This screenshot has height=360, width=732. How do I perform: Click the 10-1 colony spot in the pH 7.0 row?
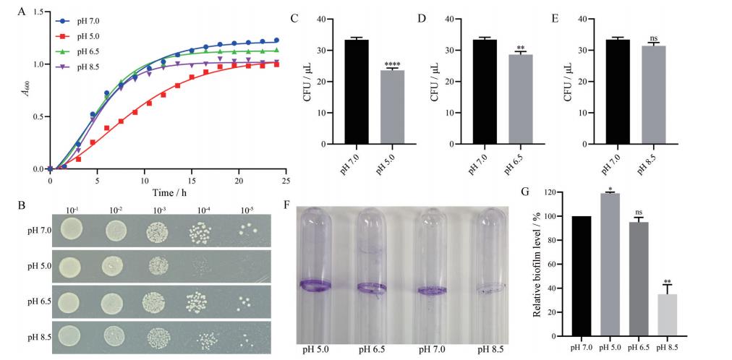(x=72, y=231)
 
